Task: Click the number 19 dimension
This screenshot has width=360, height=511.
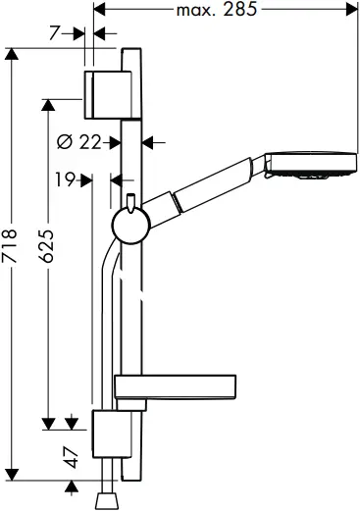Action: [67, 179]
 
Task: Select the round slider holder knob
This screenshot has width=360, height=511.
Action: [128, 228]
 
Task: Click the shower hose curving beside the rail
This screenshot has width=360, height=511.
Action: [104, 324]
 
